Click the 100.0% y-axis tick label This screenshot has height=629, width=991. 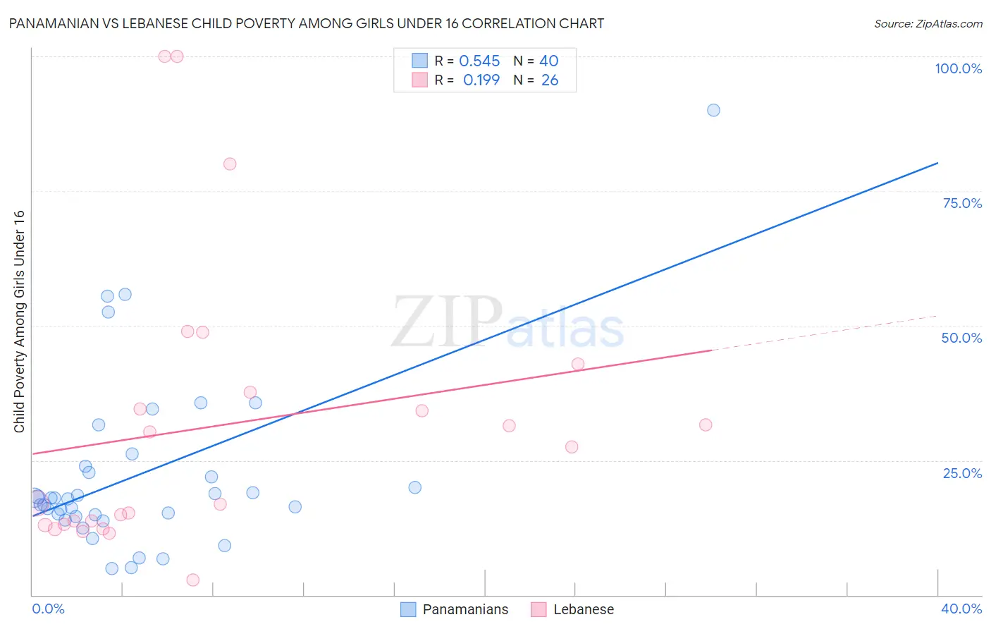click(958, 68)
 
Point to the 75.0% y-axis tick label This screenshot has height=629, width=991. click(962, 203)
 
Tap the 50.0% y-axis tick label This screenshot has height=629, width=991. click(961, 338)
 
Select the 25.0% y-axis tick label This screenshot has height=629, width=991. click(962, 472)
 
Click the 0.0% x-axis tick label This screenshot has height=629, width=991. click(48, 609)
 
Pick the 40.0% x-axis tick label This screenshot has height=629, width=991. click(961, 609)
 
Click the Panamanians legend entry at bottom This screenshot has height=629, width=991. click(455, 609)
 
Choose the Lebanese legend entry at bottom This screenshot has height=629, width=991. click(572, 609)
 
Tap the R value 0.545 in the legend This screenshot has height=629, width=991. click(479, 61)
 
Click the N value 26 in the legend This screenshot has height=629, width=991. click(550, 80)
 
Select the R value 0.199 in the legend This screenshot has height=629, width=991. click(481, 80)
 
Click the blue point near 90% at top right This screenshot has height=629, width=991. click(713, 110)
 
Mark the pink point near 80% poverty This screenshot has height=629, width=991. click(230, 164)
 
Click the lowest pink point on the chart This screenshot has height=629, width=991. click(193, 580)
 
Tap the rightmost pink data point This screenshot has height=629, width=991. click(706, 425)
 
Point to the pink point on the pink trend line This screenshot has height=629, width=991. click(578, 364)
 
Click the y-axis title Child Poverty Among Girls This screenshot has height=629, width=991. click(19, 322)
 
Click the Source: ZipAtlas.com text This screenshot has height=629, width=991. click(928, 24)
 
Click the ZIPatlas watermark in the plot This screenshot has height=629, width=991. click(507, 322)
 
